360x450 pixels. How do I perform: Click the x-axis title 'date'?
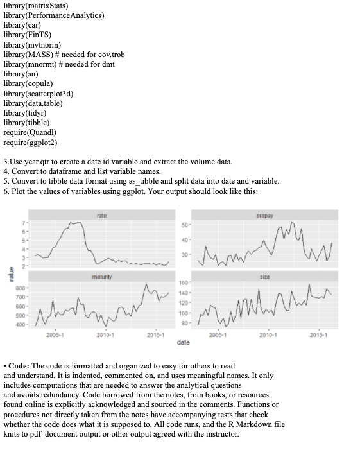click(x=183, y=343)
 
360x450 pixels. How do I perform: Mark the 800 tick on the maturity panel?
click(x=21, y=288)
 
